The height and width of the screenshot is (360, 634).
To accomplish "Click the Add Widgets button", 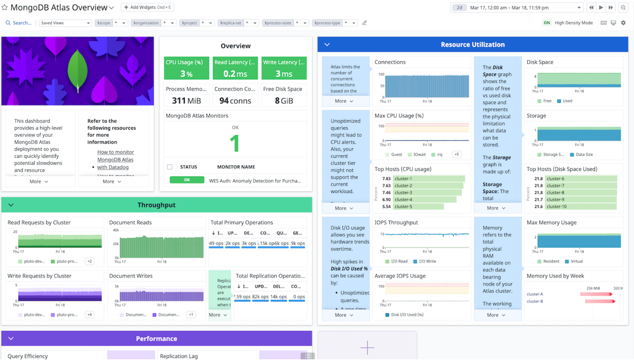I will (x=147, y=7).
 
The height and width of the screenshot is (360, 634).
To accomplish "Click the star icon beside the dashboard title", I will (x=4, y=7).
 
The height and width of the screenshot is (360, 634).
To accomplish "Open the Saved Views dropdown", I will (x=65, y=23).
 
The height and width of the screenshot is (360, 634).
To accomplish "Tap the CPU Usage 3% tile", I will (x=186, y=68).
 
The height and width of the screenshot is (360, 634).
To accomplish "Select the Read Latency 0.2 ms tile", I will (x=235, y=68).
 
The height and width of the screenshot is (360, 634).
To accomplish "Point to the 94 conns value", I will (x=235, y=101).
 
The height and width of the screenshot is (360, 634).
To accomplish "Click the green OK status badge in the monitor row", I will (x=187, y=180).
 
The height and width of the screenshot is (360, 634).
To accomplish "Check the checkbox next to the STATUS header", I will (x=170, y=167).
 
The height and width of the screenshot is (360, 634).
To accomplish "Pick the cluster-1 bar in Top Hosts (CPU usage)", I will (x=429, y=179).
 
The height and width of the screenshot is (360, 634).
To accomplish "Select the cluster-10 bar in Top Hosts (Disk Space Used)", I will (x=581, y=207).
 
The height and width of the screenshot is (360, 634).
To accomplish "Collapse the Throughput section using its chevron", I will (x=11, y=205).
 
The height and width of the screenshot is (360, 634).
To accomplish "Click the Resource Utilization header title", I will (x=472, y=45).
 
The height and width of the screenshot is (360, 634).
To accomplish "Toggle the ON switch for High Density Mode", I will (x=547, y=23).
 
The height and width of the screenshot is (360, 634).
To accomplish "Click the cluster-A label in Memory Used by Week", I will (x=535, y=294).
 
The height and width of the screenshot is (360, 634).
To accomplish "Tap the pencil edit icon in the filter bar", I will (x=364, y=23).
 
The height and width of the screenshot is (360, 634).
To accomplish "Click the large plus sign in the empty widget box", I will (x=367, y=348).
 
